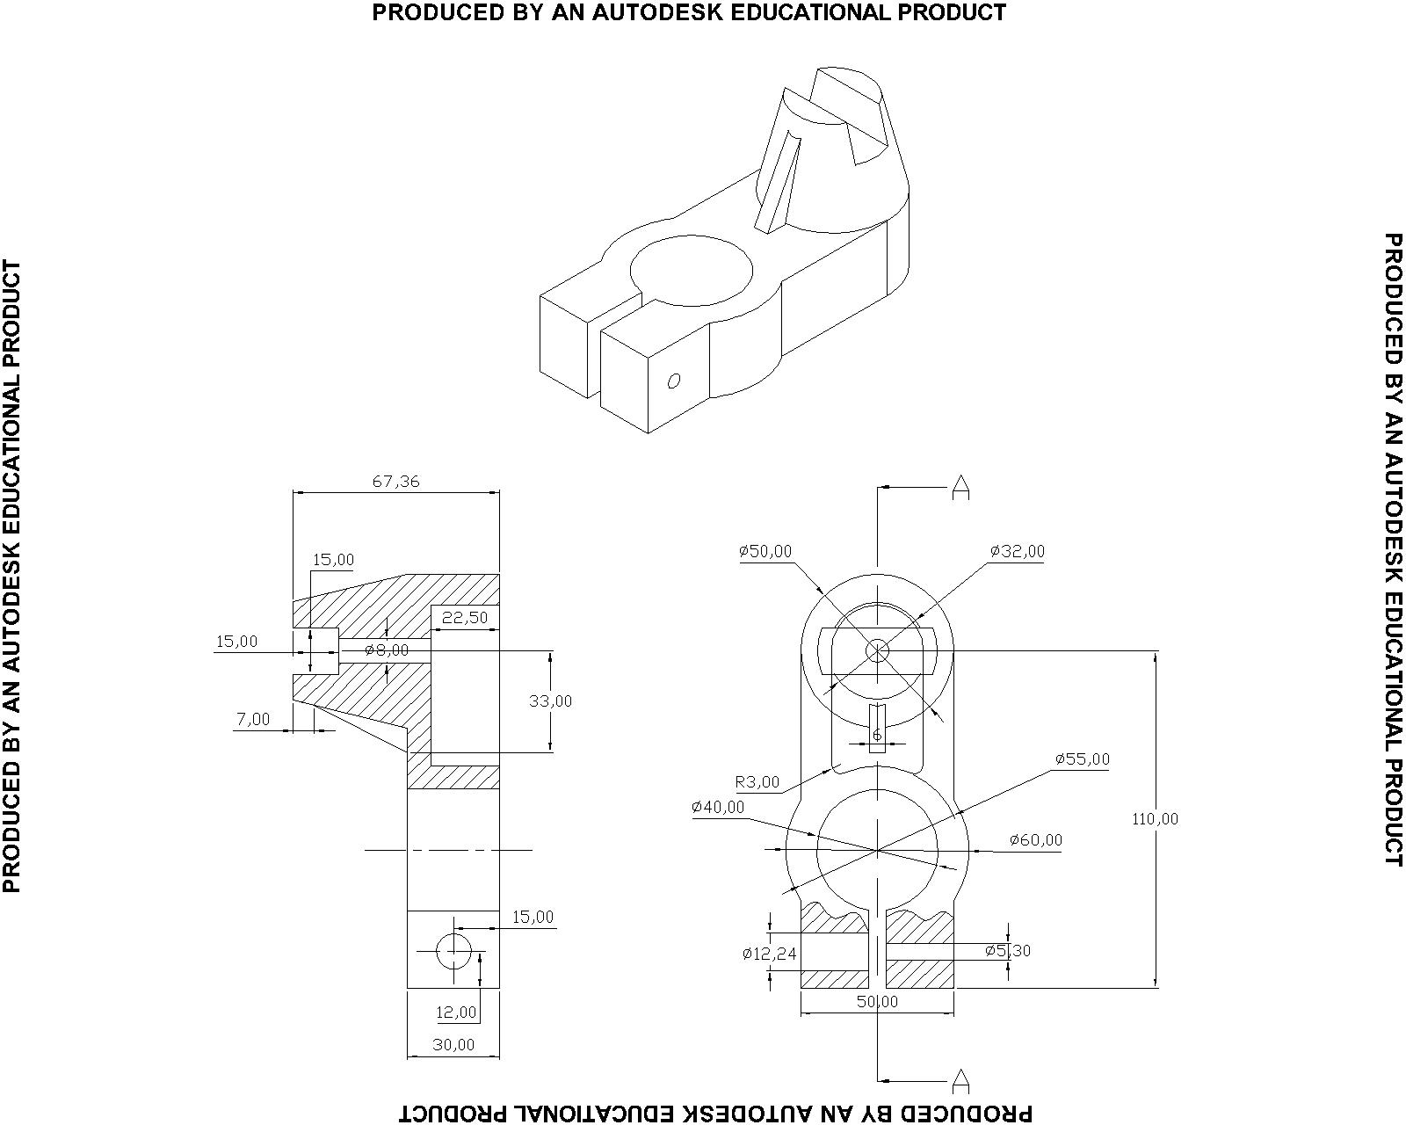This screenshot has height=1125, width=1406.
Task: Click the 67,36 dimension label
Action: (x=396, y=482)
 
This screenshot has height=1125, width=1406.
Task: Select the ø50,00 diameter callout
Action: (x=765, y=552)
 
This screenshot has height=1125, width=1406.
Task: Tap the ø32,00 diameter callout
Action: (x=1018, y=552)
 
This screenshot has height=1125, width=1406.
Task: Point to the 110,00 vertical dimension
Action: (x=1156, y=819)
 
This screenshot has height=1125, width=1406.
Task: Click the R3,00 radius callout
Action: (x=757, y=781)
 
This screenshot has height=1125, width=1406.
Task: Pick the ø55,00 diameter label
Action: (x=1083, y=759)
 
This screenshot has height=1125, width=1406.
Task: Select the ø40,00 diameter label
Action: (x=718, y=807)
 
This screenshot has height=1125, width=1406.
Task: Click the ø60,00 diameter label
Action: (x=1035, y=840)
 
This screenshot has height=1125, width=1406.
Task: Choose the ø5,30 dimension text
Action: (x=1007, y=950)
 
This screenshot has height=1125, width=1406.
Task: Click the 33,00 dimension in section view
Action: (x=550, y=701)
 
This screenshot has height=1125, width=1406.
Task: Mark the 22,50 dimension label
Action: (x=465, y=618)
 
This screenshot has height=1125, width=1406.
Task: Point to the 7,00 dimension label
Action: (x=253, y=720)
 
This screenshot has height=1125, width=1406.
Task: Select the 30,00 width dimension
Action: (x=453, y=1045)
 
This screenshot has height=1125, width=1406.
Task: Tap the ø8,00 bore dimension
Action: (x=387, y=650)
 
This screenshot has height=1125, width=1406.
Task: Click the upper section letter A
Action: (x=960, y=487)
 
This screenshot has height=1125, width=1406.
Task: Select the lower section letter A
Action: (x=960, y=1079)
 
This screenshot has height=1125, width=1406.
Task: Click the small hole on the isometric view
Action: (x=674, y=381)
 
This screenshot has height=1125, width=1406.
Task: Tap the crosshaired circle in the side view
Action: (x=453, y=950)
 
